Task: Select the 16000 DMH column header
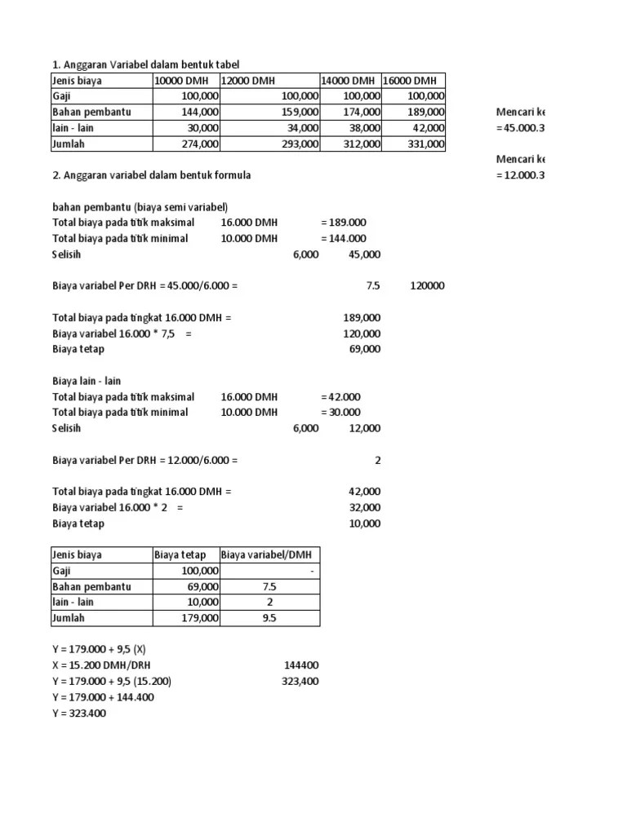tap(410, 81)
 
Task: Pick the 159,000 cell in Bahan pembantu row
tap(299, 113)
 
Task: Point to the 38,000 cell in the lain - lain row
tap(363, 128)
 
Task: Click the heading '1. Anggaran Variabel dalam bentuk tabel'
tap(146, 64)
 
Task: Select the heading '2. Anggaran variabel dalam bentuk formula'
tap(152, 175)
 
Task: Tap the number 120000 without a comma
tap(427, 286)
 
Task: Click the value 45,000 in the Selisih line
tap(364, 254)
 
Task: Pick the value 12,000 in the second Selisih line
tap(364, 429)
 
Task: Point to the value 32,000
tap(363, 508)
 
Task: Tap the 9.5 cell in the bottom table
tap(269, 619)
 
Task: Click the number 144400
tap(300, 666)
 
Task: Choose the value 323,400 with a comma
tap(300, 682)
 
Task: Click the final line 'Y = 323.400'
tap(79, 714)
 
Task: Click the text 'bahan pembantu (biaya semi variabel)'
tap(140, 207)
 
